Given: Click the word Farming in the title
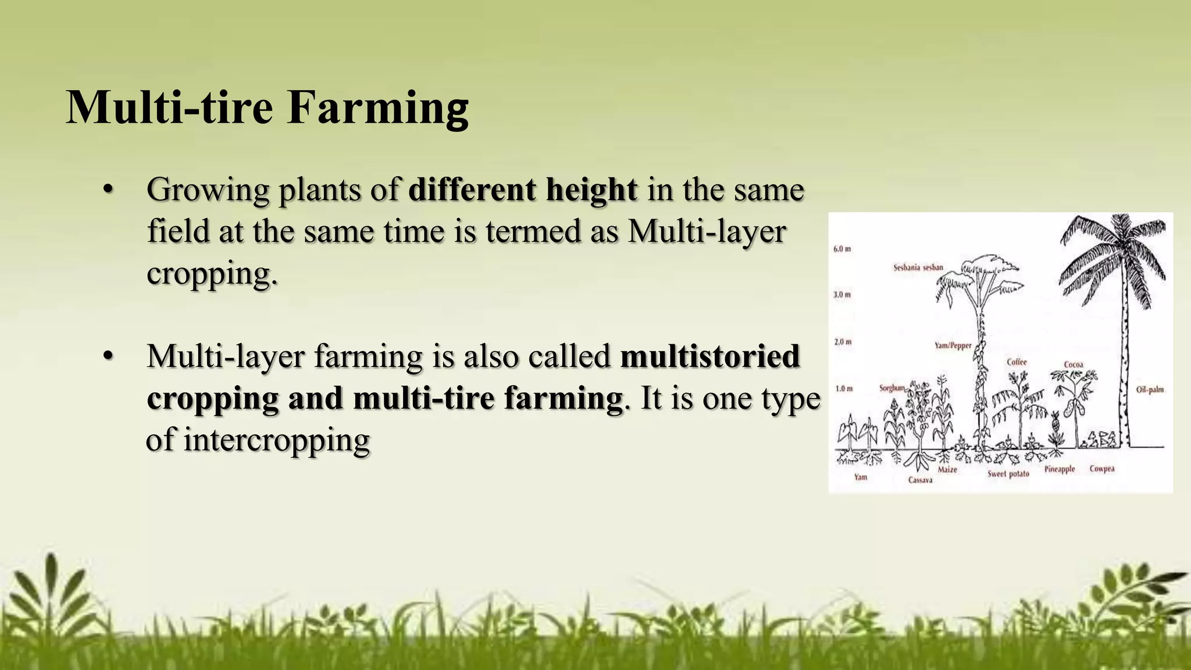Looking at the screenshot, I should tap(378, 108).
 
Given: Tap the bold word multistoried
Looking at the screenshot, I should tap(710, 357).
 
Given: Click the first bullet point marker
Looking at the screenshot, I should tap(107, 190).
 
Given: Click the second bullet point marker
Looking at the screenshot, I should tap(107, 357).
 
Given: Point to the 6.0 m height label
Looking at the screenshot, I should tap(842, 249).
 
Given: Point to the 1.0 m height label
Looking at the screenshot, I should tap(844, 388).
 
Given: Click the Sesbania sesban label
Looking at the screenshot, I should tap(918, 268).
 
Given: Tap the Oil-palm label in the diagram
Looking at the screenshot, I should tap(1150, 390).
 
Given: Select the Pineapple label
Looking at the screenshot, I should tap(1060, 469).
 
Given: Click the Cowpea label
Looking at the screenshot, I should tap(1102, 469).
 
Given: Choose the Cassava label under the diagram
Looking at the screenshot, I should tap(920, 480).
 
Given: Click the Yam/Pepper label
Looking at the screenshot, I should tap(953, 345).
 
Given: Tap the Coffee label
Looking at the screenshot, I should tap(1017, 362).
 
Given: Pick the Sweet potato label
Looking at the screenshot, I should tap(1008, 474).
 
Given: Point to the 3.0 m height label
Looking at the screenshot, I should tap(842, 295).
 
